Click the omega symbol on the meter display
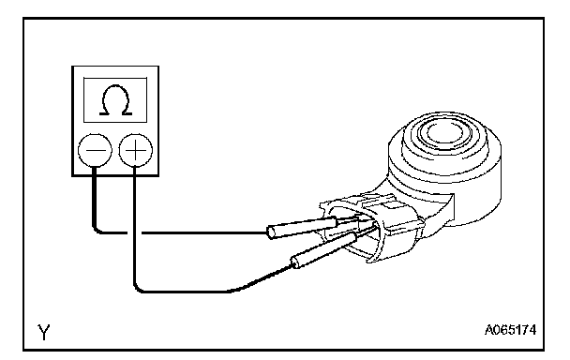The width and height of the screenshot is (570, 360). [x=115, y=100]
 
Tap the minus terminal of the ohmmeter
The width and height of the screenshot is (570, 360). [x=95, y=150]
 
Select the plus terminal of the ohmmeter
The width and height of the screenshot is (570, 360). [x=136, y=150]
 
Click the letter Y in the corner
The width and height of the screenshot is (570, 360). [x=44, y=332]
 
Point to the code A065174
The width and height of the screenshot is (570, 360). [x=510, y=330]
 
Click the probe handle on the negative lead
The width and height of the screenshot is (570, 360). [x=302, y=228]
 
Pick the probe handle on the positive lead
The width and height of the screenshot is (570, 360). [x=323, y=250]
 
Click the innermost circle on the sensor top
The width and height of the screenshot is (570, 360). [x=443, y=132]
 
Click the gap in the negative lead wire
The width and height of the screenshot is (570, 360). [x=134, y=232]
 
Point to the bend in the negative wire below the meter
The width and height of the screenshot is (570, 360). [x=97, y=229]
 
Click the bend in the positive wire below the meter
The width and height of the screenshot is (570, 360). [x=138, y=288]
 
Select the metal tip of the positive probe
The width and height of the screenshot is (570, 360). [x=367, y=232]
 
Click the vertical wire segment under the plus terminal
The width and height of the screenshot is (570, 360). [x=134, y=224]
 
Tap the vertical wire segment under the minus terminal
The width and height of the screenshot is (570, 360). [x=95, y=195]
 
